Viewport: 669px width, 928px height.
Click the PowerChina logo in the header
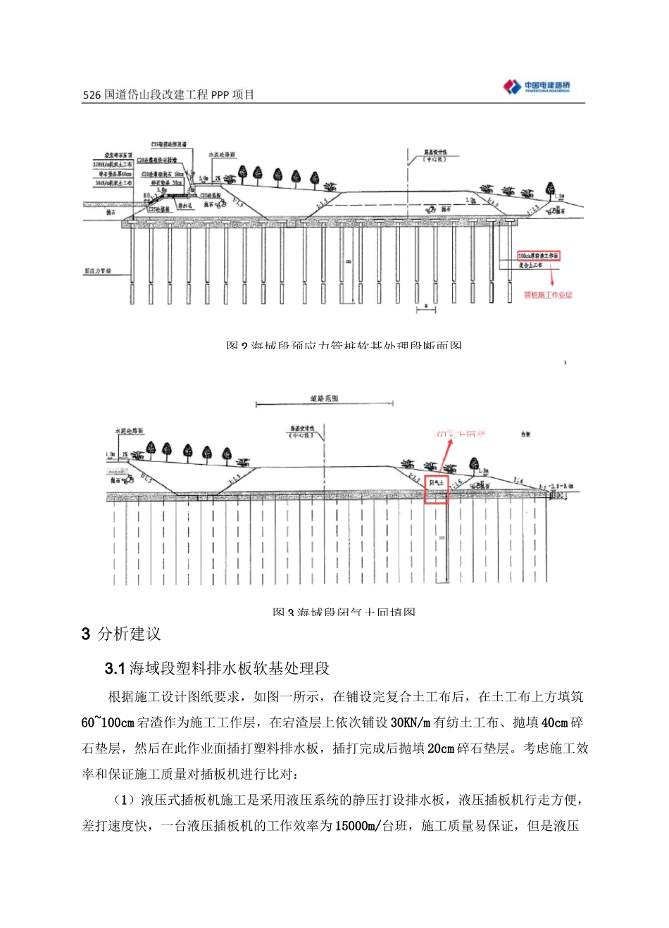tap(537, 87)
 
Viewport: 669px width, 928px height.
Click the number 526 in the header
tap(92, 95)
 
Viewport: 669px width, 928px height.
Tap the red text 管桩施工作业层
tap(548, 295)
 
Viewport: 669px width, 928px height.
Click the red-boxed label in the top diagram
tap(539, 256)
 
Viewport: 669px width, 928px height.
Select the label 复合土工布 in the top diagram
tap(531, 265)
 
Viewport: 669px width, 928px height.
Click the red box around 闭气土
tap(437, 488)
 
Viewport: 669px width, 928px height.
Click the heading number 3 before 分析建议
tap(86, 634)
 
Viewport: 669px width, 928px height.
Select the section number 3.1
tap(114, 668)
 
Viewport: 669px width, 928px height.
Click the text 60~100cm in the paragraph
tap(108, 723)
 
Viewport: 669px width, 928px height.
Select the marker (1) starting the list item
tap(124, 800)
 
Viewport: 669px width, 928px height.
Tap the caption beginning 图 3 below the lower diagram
tap(344, 611)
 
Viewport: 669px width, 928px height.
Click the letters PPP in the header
tap(220, 95)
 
